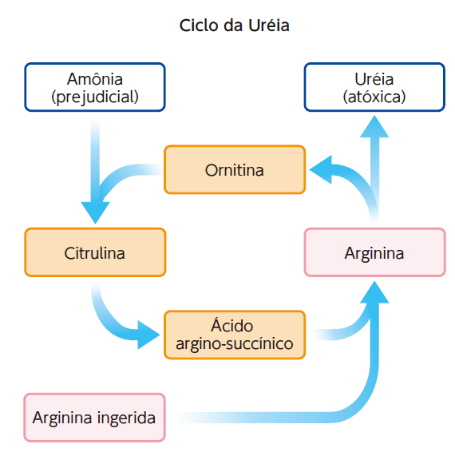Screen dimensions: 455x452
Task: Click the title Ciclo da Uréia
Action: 234,26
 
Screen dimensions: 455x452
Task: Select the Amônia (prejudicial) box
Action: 95,87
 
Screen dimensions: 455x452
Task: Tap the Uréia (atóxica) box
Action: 374,87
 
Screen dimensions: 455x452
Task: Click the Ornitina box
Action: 235,169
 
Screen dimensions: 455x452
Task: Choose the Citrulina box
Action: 95,252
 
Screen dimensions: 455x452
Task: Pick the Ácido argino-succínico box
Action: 235,335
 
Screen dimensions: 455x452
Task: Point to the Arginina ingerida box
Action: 95,418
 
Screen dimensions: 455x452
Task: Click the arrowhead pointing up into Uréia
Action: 374,126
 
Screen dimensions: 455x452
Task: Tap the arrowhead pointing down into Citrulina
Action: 95,212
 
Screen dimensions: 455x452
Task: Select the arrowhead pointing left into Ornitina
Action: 321,169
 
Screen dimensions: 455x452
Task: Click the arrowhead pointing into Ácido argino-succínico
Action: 148,335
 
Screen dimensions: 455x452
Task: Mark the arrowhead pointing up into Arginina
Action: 374,292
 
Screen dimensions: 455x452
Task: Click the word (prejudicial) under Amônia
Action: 95,97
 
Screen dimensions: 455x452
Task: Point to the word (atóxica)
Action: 374,97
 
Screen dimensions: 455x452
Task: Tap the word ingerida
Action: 126,418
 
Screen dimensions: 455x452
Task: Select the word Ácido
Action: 231,325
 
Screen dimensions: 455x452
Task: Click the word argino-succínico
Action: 235,344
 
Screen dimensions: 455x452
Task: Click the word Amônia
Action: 95,78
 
